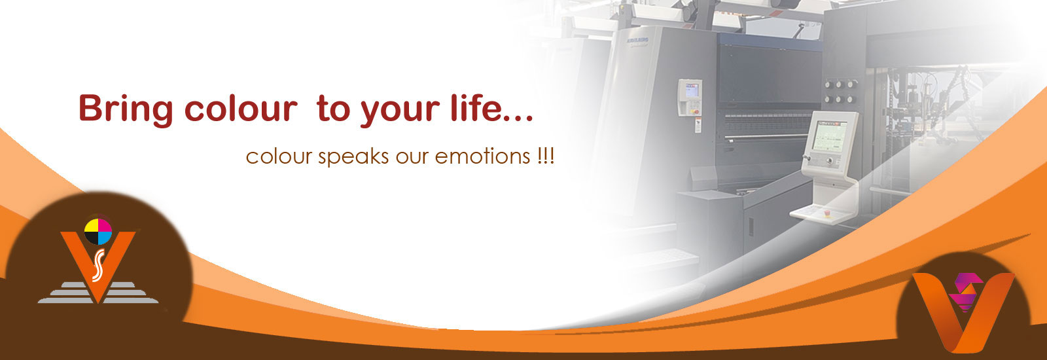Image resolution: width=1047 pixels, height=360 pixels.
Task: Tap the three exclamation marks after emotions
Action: pyautogui.click(x=544, y=156)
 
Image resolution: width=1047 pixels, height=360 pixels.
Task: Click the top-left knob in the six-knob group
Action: pyautogui.click(x=828, y=85)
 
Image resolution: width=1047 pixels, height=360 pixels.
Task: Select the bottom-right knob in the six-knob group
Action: pyautogui.click(x=852, y=99)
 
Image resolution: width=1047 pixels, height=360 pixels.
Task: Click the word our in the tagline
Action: pyautogui.click(x=410, y=157)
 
